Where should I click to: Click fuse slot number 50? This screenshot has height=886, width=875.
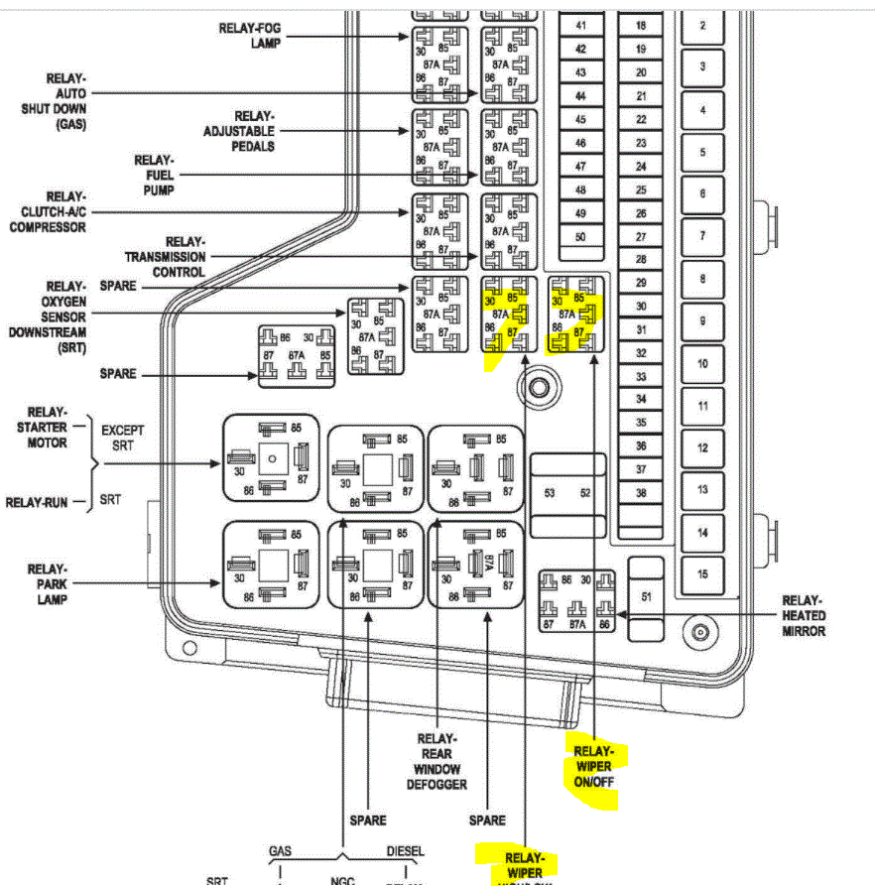click(580, 237)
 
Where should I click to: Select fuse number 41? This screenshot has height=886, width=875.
click(580, 25)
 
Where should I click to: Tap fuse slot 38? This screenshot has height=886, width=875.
click(641, 492)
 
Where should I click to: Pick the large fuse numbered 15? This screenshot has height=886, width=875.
click(702, 573)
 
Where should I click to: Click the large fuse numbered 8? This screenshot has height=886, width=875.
click(702, 280)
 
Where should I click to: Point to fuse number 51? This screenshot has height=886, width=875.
click(647, 596)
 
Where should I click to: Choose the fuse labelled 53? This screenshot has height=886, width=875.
click(549, 492)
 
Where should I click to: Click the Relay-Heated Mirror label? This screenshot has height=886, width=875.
click(803, 615)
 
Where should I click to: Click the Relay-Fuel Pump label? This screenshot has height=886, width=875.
click(155, 176)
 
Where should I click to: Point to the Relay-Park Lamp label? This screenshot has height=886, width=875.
click(47, 583)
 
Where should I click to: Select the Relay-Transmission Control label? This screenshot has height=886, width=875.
click(165, 256)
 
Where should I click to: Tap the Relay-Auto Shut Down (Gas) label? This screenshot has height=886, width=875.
click(54, 101)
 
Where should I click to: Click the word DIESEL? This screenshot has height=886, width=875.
click(405, 851)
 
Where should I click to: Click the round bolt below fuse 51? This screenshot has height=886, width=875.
click(700, 632)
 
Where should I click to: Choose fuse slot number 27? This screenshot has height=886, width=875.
click(641, 237)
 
